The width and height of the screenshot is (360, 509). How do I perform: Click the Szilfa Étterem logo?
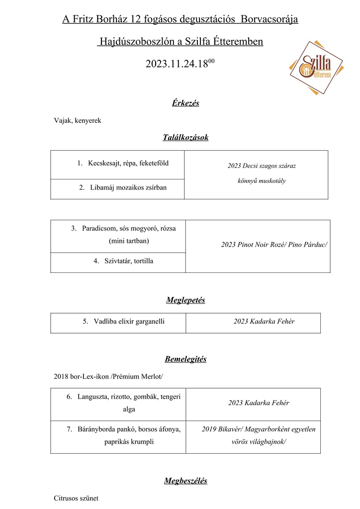pyautogui.click(x=317, y=67)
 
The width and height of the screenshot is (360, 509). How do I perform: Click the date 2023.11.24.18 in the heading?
pyautogui.click(x=178, y=64)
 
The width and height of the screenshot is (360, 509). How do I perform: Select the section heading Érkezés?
pyautogui.click(x=185, y=103)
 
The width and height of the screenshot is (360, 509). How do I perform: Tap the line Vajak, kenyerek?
pyautogui.click(x=78, y=121)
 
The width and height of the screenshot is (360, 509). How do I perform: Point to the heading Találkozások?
pyautogui.click(x=185, y=138)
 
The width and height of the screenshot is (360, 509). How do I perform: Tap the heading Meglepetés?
pyautogui.click(x=185, y=300)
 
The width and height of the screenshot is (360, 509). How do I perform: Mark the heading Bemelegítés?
pyautogui.click(x=185, y=359)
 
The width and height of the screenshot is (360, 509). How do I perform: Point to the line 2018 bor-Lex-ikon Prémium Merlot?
pyautogui.click(x=108, y=377)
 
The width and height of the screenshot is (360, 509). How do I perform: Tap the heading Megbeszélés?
pyautogui.click(x=185, y=481)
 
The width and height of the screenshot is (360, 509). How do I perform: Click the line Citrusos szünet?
pyautogui.click(x=76, y=498)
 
